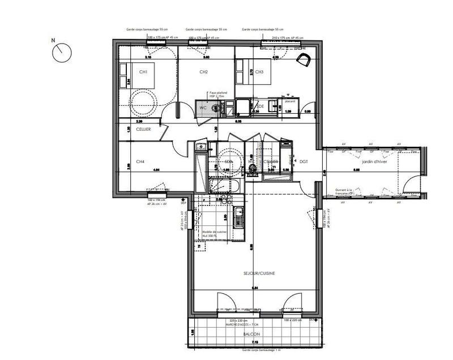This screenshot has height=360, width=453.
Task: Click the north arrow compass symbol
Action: click(61, 53)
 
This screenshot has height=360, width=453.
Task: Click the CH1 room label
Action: click(143, 72)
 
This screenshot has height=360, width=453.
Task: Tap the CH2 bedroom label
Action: click(204, 72)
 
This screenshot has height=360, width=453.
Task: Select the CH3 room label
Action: click(259, 72)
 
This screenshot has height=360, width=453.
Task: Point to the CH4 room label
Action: click(140, 161)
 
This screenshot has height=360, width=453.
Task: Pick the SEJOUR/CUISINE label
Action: click(259, 273)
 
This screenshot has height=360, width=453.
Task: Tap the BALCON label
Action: click(251, 335)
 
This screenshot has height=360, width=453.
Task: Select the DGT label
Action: click(304, 161)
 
